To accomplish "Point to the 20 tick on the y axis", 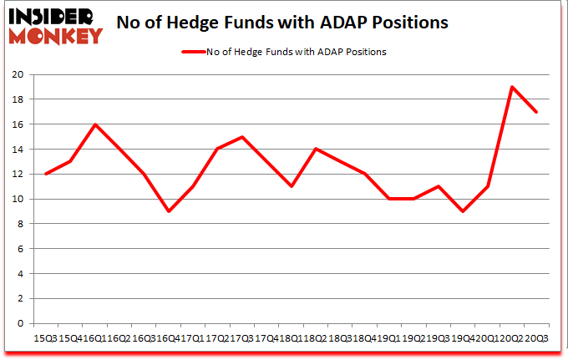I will pyautogui.click(x=16, y=74).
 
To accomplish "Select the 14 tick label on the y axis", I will pyautogui.click(x=16, y=150).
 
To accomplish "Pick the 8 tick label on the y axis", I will pyautogui.click(x=19, y=224).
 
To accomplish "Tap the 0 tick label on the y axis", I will pyautogui.click(x=19, y=323).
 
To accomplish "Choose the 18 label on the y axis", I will pyautogui.click(x=16, y=99).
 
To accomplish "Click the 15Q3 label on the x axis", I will pyautogui.click(x=45, y=337).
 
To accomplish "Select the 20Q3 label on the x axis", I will pyautogui.click(x=536, y=337).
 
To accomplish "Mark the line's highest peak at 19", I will pyautogui.click(x=511, y=87).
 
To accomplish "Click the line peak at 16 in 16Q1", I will pyautogui.click(x=96, y=124).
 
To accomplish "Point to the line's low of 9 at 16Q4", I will pyautogui.click(x=170, y=211).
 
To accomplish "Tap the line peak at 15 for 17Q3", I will pyautogui.click(x=242, y=137).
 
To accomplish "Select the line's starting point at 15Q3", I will pyautogui.click(x=46, y=174).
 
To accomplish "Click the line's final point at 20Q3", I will pyautogui.click(x=535, y=112).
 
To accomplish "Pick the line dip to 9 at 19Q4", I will pyautogui.click(x=463, y=211).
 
